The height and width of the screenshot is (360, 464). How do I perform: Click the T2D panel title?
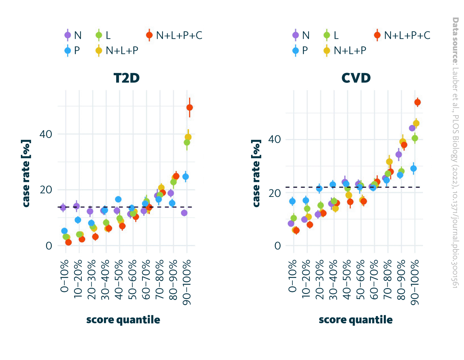[x=126, y=78]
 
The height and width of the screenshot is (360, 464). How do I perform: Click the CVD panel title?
[x=356, y=78]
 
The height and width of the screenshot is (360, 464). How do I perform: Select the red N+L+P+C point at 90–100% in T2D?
[x=190, y=107]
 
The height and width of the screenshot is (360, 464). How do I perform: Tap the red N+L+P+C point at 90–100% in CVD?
[x=417, y=103]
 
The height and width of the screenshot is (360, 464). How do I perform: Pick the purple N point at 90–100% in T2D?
[x=184, y=213]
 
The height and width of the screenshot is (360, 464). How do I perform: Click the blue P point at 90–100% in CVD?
[x=414, y=168]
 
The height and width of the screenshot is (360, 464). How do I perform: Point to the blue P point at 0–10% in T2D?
[x=64, y=231]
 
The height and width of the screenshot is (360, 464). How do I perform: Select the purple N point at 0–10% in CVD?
[x=291, y=224]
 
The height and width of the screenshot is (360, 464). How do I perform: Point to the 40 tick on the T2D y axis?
[x=46, y=134]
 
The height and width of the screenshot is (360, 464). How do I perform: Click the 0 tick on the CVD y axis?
[x=277, y=246]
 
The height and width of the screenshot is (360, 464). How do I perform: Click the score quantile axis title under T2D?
[x=123, y=320]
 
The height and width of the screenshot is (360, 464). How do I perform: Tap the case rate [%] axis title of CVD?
[x=256, y=173]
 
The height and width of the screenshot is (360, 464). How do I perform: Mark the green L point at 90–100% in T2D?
[x=187, y=142]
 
